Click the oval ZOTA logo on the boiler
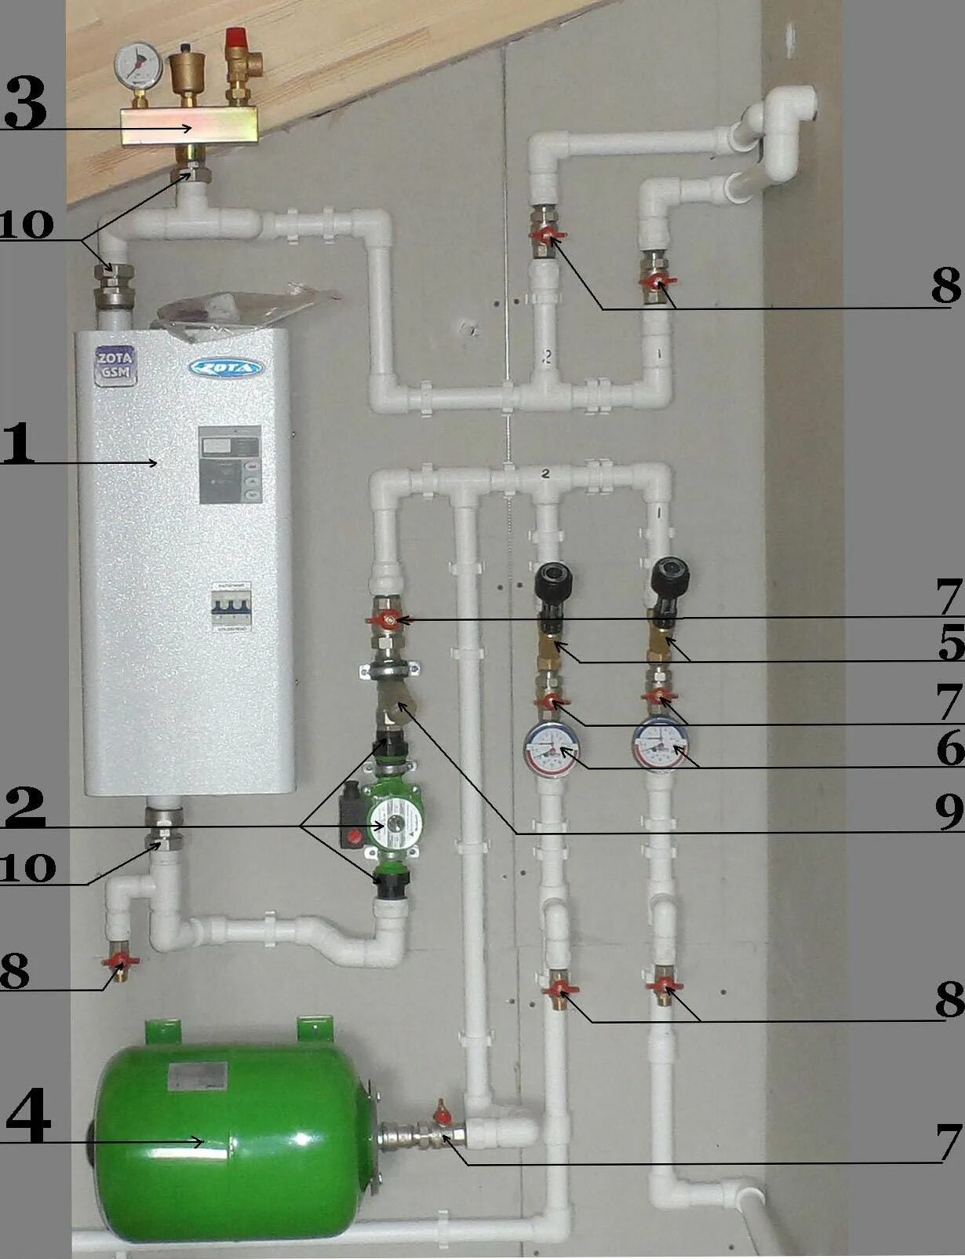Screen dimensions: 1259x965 click(x=226, y=367)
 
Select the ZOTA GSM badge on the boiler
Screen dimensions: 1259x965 click(x=115, y=365)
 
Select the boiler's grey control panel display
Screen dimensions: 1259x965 click(x=229, y=464)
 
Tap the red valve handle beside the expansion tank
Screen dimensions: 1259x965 click(x=442, y=1114)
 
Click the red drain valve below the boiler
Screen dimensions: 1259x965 click(x=119, y=961)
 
